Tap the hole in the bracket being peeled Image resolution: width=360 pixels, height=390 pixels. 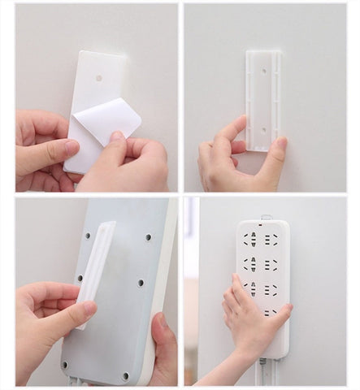tap(99, 79)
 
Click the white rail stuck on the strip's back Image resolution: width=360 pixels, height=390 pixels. tap(95, 272)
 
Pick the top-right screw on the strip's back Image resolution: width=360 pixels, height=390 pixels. tap(148, 237)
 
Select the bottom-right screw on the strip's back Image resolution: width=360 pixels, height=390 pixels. tap(125, 376)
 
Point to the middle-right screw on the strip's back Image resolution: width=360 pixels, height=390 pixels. tap(141, 283)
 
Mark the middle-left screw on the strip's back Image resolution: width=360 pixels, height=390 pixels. tap(79, 277)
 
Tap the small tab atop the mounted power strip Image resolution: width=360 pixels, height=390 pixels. tap(265, 217)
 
